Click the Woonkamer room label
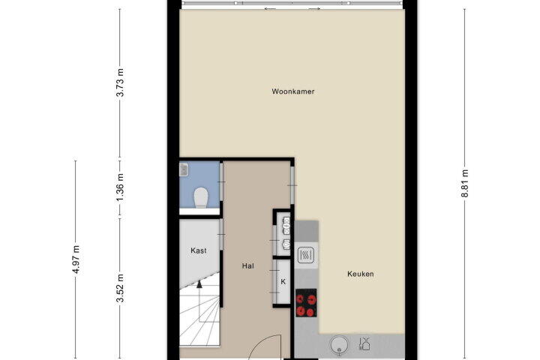pyautogui.click(x=293, y=91)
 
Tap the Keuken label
pyautogui.click(x=361, y=274)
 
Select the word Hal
pyautogui.click(x=248, y=266)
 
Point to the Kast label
pyautogui.click(x=199, y=250)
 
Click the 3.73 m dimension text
pyautogui.click(x=120, y=82)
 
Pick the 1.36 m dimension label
pyautogui.click(x=120, y=188)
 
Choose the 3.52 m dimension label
pyautogui.click(x=120, y=288)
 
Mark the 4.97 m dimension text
pyautogui.click(x=76, y=259)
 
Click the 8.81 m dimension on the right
pyautogui.click(x=465, y=183)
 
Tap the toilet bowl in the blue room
pyautogui.click(x=201, y=198)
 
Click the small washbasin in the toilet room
pyautogui.click(x=184, y=169)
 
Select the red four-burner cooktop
pyautogui.click(x=306, y=303)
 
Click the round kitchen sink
pyautogui.click(x=339, y=345)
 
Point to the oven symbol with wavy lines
pyautogui.click(x=306, y=255)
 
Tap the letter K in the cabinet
pyautogui.click(x=283, y=282)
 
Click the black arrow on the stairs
pyautogui.click(x=199, y=284)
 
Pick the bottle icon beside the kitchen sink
pyautogui.click(x=364, y=343)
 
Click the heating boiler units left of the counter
pyautogui.click(x=286, y=233)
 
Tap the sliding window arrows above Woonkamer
pyautogui.click(x=292, y=8)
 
